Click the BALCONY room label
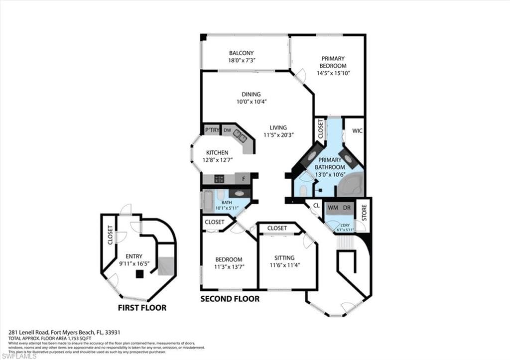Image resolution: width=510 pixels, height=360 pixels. click(241, 53)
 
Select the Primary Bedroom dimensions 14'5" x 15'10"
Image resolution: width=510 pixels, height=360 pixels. click(333, 73)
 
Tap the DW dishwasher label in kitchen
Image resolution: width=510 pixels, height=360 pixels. click(227, 130)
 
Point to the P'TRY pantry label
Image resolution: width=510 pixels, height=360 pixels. click(212, 130)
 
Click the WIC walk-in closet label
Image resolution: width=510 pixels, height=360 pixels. click(357, 131)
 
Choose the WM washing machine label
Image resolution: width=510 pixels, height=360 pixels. click(333, 207)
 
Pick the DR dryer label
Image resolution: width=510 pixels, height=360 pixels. click(346, 207)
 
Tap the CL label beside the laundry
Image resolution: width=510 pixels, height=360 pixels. click(316, 205)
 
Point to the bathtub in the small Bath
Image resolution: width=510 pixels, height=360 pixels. click(208, 201)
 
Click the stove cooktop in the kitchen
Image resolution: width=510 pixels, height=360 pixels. click(220, 179)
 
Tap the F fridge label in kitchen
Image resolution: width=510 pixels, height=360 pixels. click(244, 179)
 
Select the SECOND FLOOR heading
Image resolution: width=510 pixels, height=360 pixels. click(230, 299)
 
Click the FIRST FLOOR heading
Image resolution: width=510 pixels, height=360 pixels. click(142, 308)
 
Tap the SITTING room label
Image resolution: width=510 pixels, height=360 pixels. click(284, 257)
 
